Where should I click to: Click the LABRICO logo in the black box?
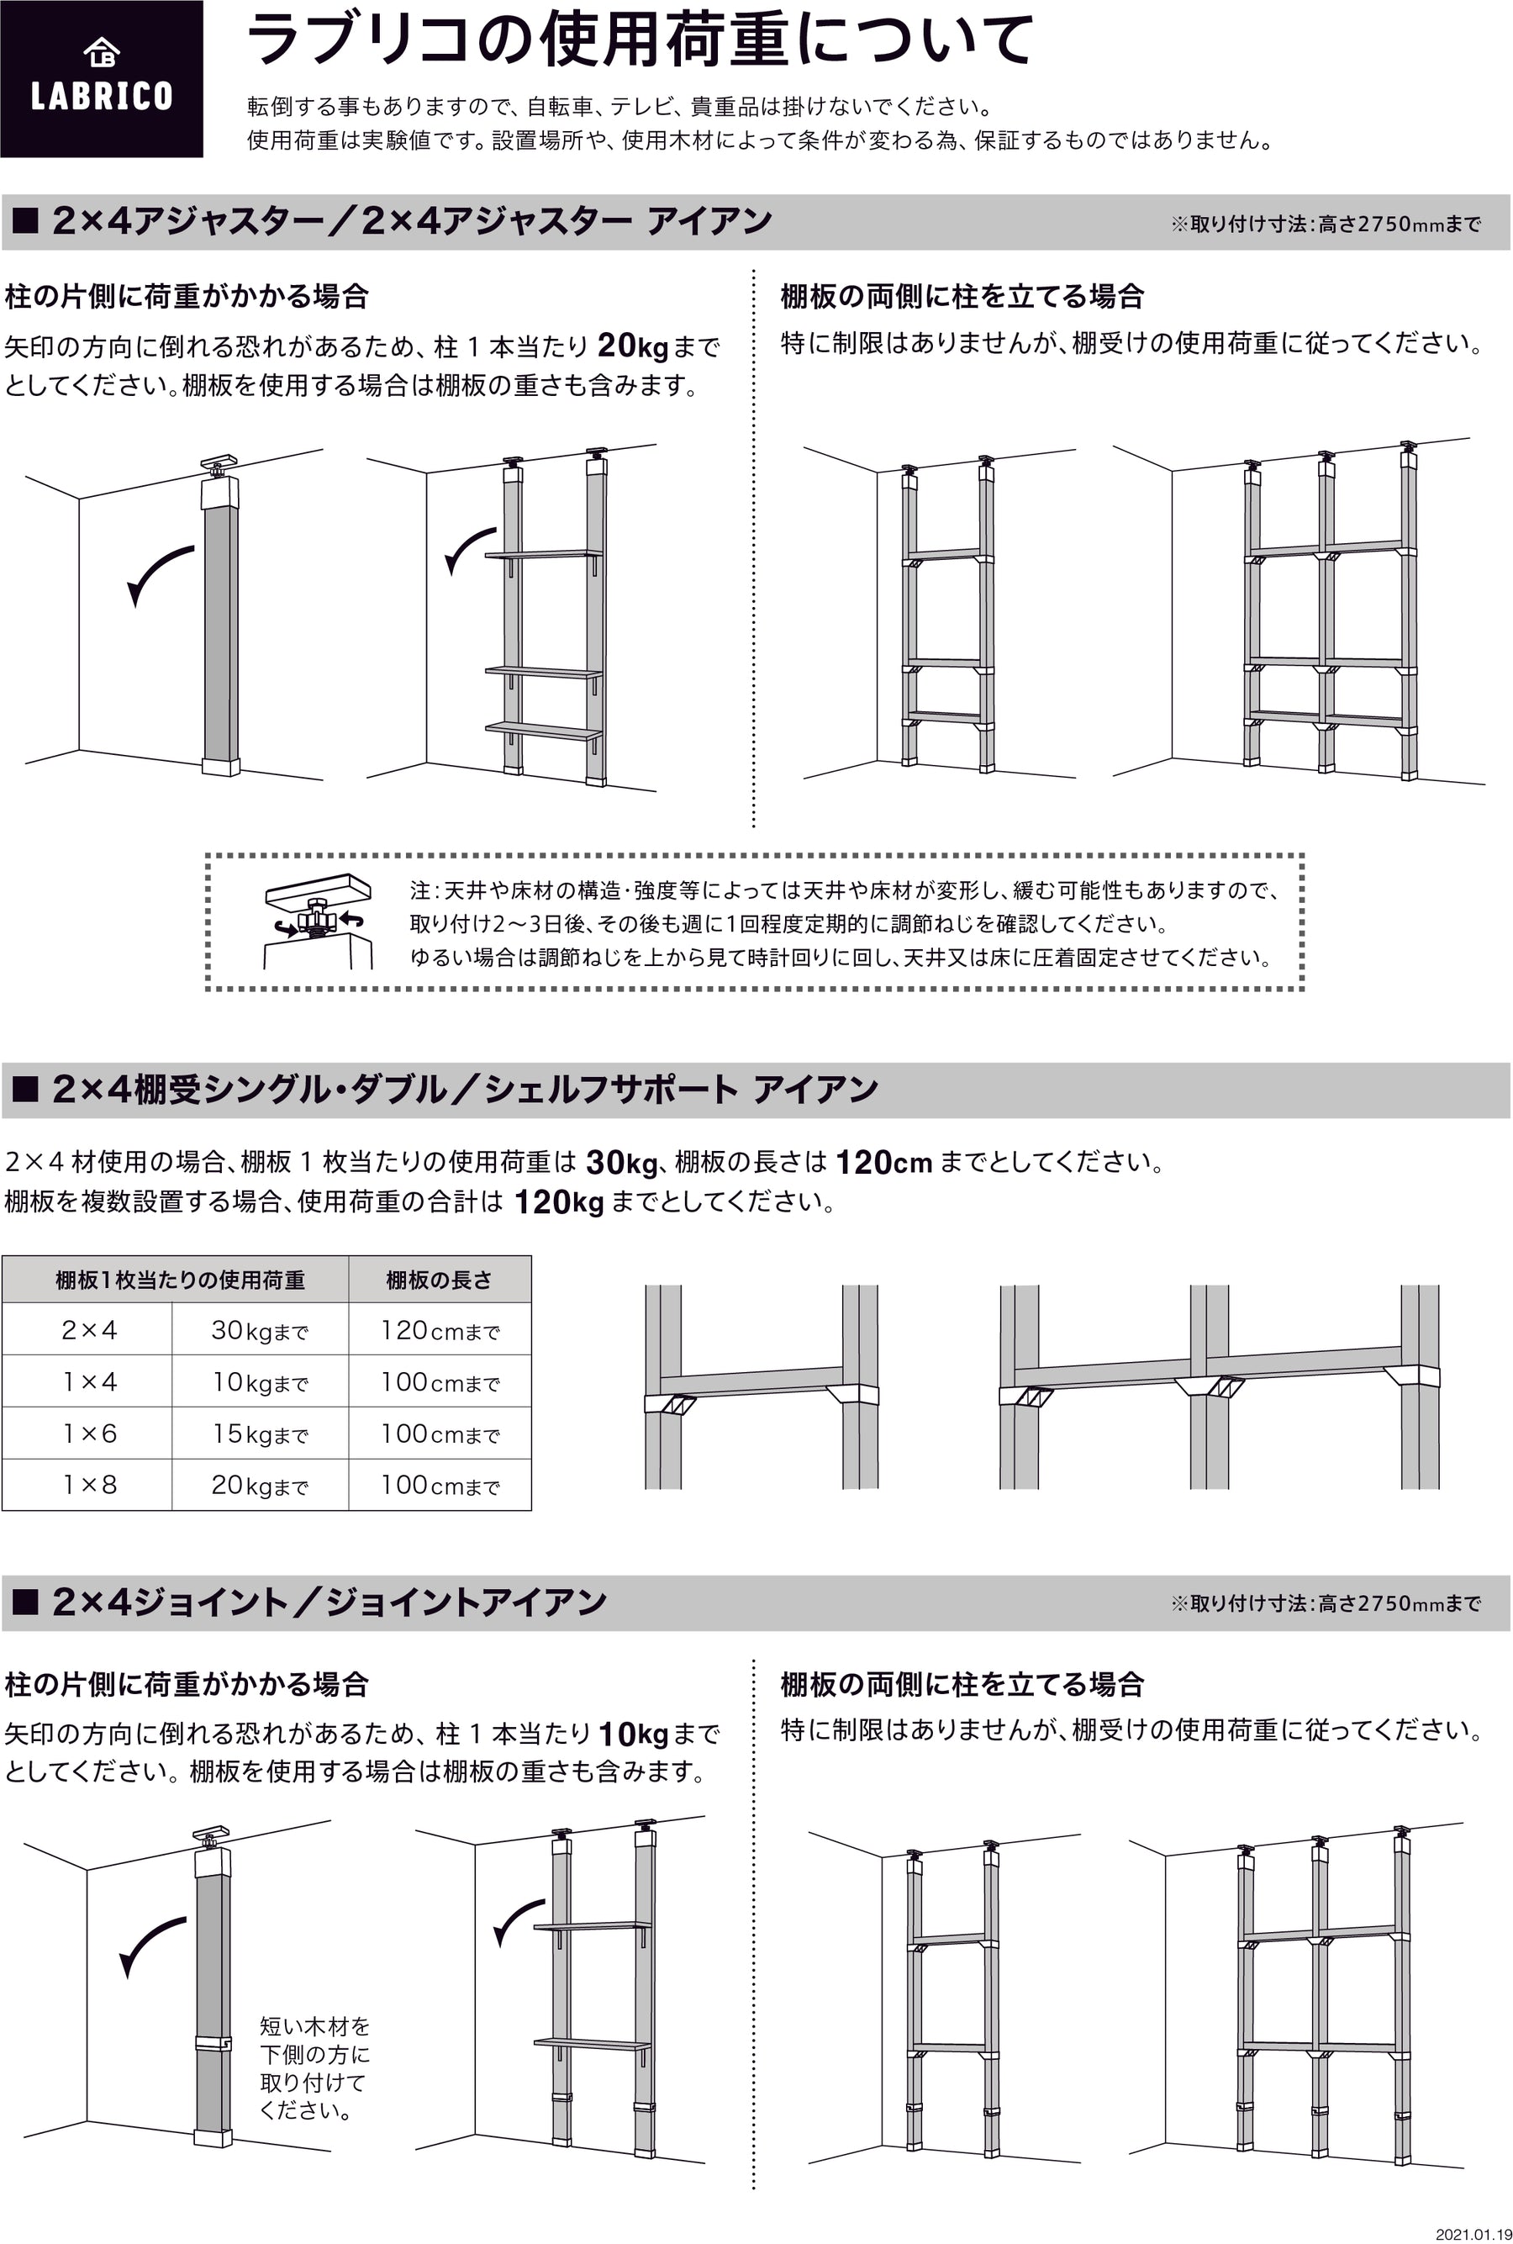point(102,78)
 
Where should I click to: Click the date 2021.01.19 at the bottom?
point(1473,2233)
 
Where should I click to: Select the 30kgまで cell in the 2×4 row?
point(260,1330)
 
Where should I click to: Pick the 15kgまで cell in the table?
point(260,1434)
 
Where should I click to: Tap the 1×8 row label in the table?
point(89,1485)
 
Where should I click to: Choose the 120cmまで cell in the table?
point(440,1330)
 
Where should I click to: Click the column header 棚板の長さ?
point(439,1280)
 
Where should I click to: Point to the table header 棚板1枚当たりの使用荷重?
point(180,1280)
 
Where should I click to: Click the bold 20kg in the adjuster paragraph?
point(633,346)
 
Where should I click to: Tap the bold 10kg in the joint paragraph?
point(633,1734)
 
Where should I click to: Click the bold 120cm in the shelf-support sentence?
point(884,1161)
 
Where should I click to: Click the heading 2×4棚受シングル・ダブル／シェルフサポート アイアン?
point(465,1089)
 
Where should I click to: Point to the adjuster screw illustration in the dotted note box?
point(318,921)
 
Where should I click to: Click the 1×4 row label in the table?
point(89,1381)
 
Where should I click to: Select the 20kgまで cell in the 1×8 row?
point(260,1485)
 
